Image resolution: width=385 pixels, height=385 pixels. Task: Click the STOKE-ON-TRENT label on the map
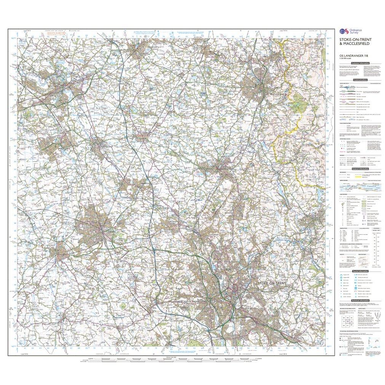[271, 284]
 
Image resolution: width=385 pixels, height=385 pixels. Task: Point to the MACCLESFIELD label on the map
[269, 93]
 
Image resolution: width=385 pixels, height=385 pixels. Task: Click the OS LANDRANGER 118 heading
[353, 58]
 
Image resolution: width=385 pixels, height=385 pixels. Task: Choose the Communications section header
[360, 80]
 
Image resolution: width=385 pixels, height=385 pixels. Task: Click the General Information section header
[360, 169]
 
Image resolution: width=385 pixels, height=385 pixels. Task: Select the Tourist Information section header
[360, 271]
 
